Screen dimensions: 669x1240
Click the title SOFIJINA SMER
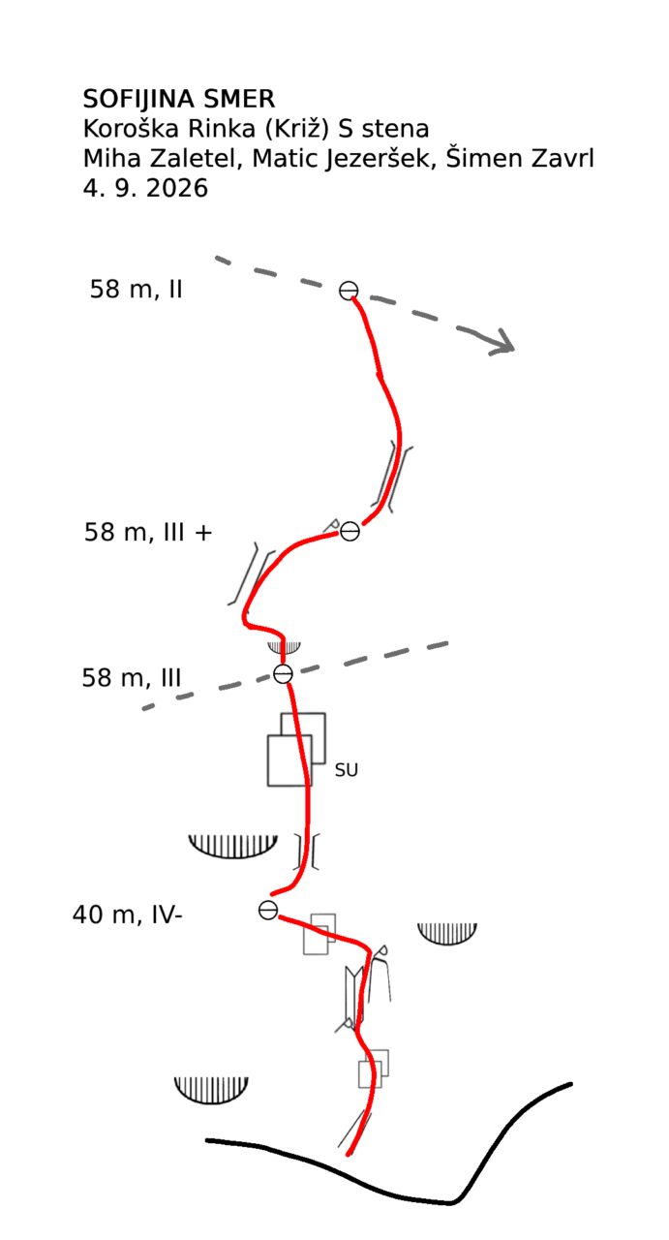(x=179, y=99)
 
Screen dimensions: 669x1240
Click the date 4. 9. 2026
(x=145, y=188)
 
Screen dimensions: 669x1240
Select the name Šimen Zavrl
(x=520, y=158)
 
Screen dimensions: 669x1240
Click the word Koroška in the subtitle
(x=131, y=129)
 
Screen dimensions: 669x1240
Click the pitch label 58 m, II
(x=137, y=289)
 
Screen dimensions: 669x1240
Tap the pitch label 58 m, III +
(x=148, y=532)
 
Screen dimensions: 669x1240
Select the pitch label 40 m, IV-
(x=127, y=914)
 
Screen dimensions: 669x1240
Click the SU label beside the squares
(x=347, y=770)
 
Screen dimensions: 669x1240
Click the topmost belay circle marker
(x=349, y=290)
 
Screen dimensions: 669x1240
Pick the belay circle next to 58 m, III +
(x=350, y=532)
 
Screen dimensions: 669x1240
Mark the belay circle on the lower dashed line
(x=283, y=673)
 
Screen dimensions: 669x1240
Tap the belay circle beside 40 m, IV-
(x=268, y=910)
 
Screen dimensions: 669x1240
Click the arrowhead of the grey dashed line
(x=504, y=343)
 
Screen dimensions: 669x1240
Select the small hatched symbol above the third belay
(x=284, y=646)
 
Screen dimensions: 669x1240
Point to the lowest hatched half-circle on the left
(x=211, y=1090)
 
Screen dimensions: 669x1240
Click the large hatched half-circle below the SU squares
(x=232, y=847)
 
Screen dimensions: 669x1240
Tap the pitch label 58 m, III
(x=132, y=677)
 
